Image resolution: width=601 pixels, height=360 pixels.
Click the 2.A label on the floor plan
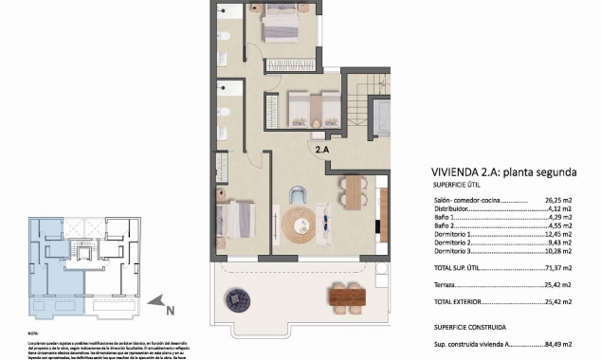pos(322,149)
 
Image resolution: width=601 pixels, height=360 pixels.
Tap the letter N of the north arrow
pos(168,309)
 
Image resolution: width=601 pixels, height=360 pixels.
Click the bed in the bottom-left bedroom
pos(234,219)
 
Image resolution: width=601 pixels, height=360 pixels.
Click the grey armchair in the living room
pos(297,192)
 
